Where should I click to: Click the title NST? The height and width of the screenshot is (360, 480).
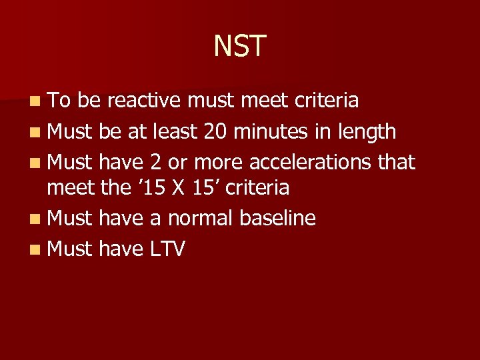[240, 47]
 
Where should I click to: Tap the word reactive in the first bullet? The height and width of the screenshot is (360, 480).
[145, 101]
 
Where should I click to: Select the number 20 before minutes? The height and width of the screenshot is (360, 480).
[215, 131]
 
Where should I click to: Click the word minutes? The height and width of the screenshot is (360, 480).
[269, 131]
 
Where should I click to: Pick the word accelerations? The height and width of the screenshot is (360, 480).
[309, 162]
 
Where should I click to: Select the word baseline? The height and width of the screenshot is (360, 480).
[277, 218]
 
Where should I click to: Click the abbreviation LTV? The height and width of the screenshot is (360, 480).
[167, 249]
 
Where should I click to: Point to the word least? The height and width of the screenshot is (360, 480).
[175, 131]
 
